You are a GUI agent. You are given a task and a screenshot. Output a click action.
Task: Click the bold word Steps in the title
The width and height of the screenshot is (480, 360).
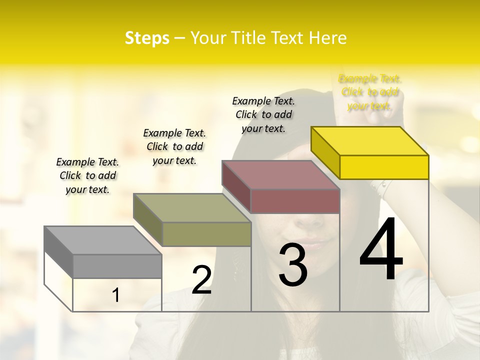pyautogui.click(x=147, y=38)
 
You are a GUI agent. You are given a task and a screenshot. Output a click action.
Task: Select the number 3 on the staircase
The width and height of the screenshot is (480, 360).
pyautogui.click(x=293, y=264)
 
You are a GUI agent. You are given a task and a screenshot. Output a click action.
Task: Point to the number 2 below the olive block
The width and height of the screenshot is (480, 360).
pyautogui.click(x=201, y=280)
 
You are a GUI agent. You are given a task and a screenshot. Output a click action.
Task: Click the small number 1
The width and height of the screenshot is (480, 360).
pyautogui.click(x=115, y=295)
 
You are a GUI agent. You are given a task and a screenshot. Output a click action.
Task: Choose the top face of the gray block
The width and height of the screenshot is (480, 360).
pyautogui.click(x=102, y=240)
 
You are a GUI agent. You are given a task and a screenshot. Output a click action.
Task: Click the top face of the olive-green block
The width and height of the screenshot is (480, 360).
pyautogui.click(x=192, y=208)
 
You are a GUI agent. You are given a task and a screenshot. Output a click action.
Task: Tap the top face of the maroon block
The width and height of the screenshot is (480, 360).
pyautogui.click(x=281, y=175)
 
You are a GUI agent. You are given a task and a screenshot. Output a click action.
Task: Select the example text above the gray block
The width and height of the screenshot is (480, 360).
pyautogui.click(x=87, y=175)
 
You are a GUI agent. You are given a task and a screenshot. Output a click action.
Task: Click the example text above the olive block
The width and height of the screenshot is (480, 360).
pyautogui.click(x=174, y=146)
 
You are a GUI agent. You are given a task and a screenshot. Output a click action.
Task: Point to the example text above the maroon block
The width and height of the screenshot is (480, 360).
pyautogui.click(x=263, y=114)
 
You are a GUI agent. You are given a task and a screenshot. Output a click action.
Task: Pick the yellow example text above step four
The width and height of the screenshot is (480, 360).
pyautogui.click(x=370, y=92)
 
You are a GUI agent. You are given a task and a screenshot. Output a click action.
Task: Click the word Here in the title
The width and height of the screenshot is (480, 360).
pyautogui.click(x=328, y=38)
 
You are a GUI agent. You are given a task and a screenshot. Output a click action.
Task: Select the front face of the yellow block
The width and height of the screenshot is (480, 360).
pyautogui.click(x=384, y=167)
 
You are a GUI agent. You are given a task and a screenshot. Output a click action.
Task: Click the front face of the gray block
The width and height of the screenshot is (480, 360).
pyautogui.click(x=117, y=266)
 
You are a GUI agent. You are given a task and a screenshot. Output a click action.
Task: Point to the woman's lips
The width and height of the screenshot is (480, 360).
pyautogui.click(x=311, y=244)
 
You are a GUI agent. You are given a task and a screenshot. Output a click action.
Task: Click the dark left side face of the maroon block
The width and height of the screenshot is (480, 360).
pyautogui.click(x=236, y=186)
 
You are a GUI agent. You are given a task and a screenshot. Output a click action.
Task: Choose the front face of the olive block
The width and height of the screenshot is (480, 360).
pyautogui.click(x=206, y=234)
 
